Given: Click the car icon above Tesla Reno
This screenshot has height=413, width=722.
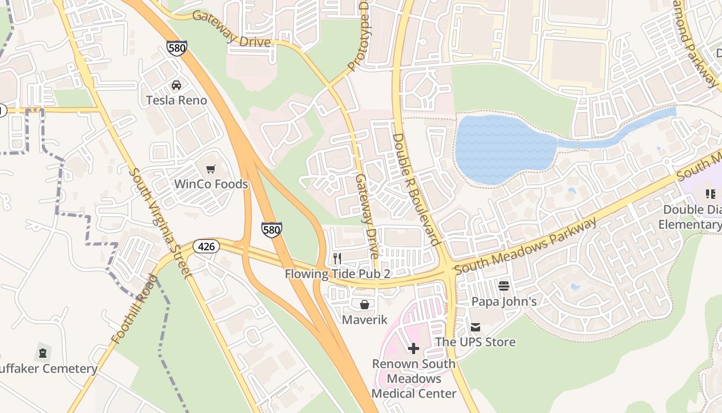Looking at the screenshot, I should click(x=176, y=85).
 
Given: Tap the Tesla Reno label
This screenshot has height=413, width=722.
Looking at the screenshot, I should click(x=176, y=100).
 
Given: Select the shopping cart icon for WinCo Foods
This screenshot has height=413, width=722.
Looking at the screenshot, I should click(x=210, y=169).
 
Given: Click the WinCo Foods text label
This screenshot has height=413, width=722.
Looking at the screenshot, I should click(x=211, y=184).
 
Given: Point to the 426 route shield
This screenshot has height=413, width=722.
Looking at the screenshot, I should click(x=206, y=246).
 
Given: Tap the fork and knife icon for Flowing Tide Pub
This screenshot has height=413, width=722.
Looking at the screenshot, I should click(x=337, y=259).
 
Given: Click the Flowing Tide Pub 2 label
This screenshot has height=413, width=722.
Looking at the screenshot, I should click(x=337, y=274).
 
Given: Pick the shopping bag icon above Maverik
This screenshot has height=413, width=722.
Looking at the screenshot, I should click(x=365, y=305).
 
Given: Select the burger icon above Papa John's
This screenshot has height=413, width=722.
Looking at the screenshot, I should click(x=504, y=285).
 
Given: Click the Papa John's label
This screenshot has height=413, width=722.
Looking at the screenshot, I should click(x=504, y=301).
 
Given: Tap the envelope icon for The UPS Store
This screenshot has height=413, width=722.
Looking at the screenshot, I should click(x=475, y=327).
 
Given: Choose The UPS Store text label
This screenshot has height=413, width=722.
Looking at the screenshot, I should click(x=475, y=342).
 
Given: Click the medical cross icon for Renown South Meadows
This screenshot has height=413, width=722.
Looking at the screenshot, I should click(x=414, y=349).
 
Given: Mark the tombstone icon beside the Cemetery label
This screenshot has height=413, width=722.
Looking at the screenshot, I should click(x=42, y=354).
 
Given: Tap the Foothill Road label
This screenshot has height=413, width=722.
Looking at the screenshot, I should click(x=133, y=310).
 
